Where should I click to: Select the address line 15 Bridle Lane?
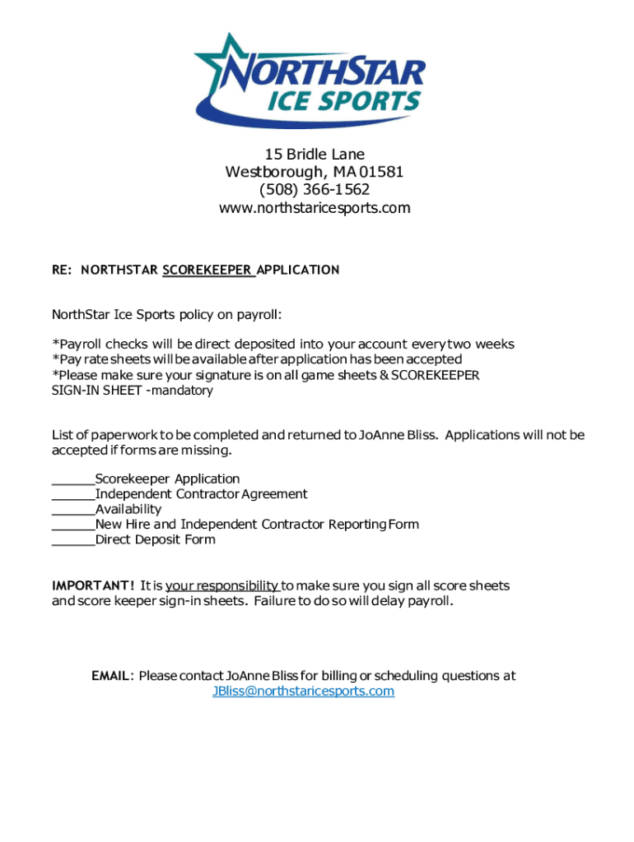coord(314,155)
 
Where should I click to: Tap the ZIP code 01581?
coord(381,173)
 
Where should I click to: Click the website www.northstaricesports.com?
coord(314,208)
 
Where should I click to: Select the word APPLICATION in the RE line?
coord(298,270)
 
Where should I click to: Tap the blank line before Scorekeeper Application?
coord(73,479)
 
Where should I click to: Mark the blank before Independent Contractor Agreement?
coord(73,494)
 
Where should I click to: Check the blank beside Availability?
coord(73,510)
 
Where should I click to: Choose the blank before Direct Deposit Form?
coord(73,540)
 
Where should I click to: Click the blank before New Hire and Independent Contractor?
coord(73,525)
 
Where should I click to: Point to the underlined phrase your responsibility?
coord(222,586)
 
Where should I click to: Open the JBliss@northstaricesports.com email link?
coord(303,692)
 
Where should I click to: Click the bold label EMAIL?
coord(112,676)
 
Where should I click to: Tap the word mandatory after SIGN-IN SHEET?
coord(183,391)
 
